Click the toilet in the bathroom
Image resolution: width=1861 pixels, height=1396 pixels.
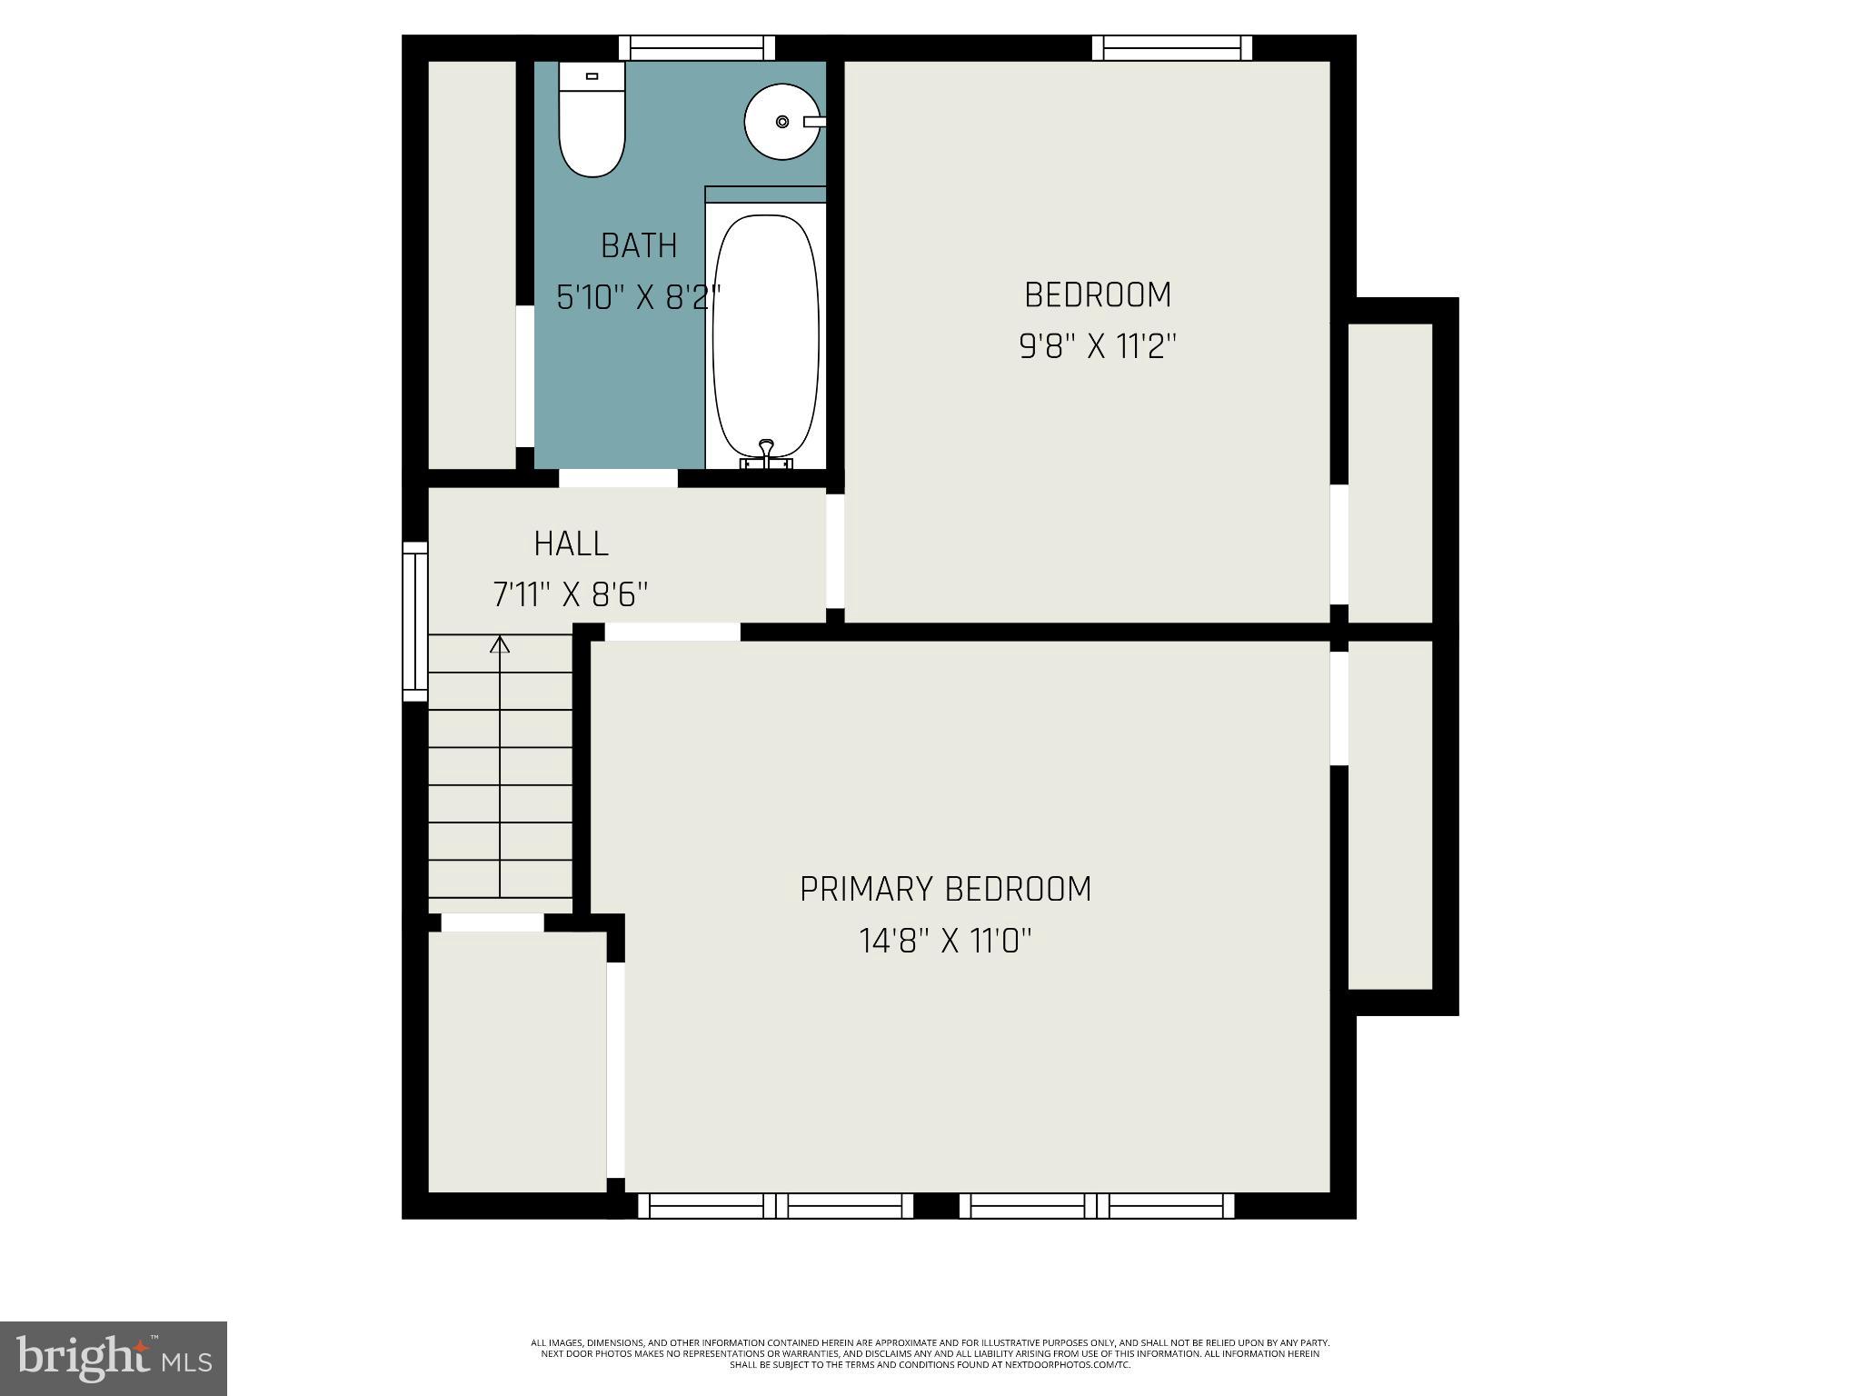click(592, 121)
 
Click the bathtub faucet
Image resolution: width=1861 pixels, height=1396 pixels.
click(767, 451)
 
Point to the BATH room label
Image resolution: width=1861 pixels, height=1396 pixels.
click(639, 245)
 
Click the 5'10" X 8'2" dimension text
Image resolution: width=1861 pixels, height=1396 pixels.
click(639, 297)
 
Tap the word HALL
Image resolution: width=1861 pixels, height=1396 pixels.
click(571, 543)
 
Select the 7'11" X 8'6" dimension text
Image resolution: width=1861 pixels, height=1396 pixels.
click(571, 595)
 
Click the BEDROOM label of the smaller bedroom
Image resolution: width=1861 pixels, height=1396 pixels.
click(1098, 294)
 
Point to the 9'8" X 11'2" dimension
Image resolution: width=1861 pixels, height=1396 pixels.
click(1098, 346)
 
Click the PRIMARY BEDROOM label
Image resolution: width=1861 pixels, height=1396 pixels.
click(945, 889)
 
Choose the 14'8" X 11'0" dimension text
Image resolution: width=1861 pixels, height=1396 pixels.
click(945, 941)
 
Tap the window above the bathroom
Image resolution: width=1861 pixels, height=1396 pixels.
click(697, 47)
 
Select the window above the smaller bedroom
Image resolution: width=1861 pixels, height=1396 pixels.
click(1171, 47)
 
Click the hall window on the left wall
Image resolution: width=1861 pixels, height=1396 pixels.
click(415, 622)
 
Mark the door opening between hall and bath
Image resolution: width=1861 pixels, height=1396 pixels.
click(618, 478)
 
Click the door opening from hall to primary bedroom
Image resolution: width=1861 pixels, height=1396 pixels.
click(672, 632)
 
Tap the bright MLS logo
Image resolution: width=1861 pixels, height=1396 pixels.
click(114, 1358)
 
